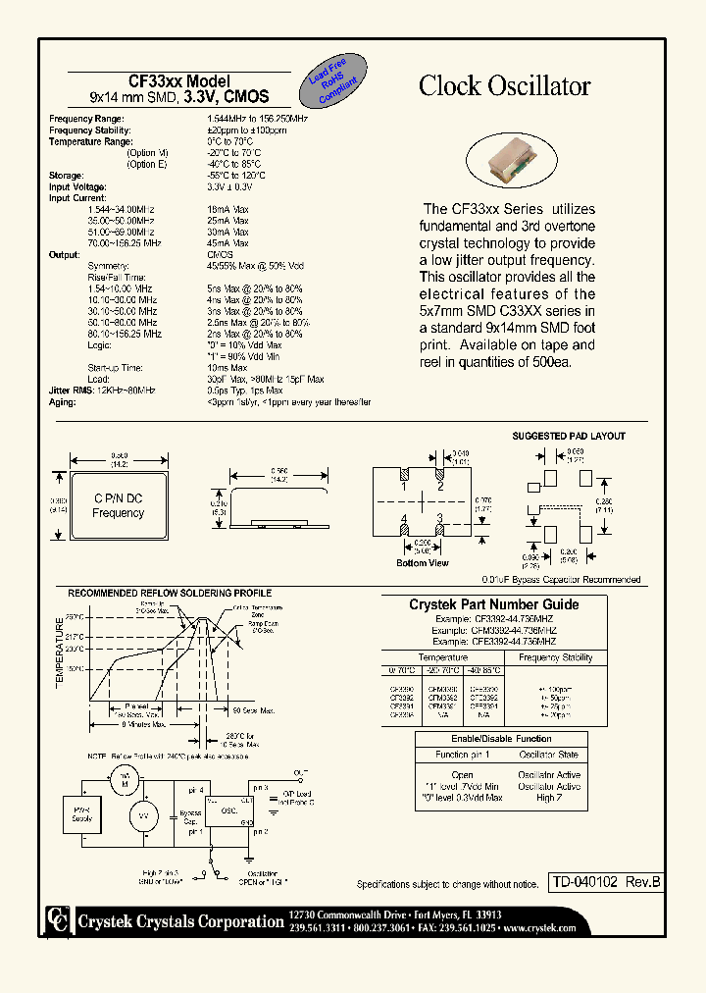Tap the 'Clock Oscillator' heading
[x=504, y=86]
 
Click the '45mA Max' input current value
[x=227, y=242]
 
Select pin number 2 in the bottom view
[x=440, y=486]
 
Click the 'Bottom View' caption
[x=424, y=563]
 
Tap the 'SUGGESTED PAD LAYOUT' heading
[x=569, y=436]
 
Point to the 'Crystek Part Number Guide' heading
[x=493, y=604]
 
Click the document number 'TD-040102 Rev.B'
[x=604, y=882]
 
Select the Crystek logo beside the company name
[x=55, y=919]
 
